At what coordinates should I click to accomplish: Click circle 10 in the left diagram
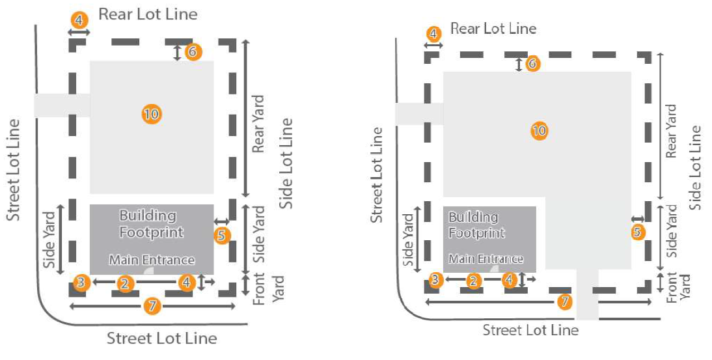point(151,115)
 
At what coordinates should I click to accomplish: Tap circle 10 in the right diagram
point(539,131)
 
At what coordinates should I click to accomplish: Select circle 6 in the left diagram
point(193,51)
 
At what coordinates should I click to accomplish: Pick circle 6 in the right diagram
point(532,64)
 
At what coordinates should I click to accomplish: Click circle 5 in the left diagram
point(222,235)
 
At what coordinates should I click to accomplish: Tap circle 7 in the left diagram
point(152,306)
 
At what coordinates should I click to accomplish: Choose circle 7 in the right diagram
point(565,302)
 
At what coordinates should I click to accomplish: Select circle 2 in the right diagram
point(473,280)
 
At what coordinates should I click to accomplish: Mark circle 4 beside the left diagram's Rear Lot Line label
point(79,20)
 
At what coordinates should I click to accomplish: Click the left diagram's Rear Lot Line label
point(148,14)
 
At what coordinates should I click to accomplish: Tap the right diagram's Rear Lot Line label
point(493,29)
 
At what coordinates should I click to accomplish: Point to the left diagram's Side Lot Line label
point(286,163)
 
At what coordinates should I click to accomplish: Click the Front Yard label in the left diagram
point(268,290)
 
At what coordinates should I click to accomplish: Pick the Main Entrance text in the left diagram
point(152,260)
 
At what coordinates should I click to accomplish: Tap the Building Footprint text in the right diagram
point(476,225)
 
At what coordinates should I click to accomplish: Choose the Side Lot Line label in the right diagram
point(695,167)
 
